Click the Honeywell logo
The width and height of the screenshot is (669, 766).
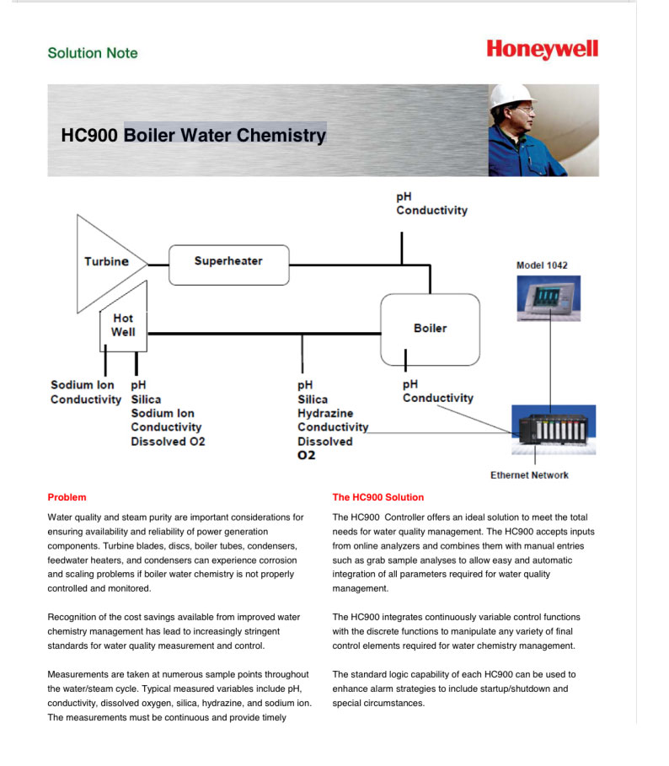pyautogui.click(x=542, y=50)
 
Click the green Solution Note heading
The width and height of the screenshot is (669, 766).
pyautogui.click(x=93, y=53)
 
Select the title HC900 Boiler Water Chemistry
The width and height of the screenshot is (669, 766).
pyautogui.click(x=193, y=135)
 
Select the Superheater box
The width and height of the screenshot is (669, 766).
pyautogui.click(x=228, y=262)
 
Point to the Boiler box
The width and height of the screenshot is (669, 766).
pyautogui.click(x=430, y=328)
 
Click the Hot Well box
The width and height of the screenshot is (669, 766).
pyautogui.click(x=123, y=325)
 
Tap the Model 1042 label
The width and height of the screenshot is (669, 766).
pyautogui.click(x=542, y=265)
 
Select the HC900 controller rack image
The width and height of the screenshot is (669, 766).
pyautogui.click(x=554, y=431)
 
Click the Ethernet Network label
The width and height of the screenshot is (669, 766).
pyautogui.click(x=529, y=475)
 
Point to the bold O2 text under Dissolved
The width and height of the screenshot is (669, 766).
pyautogui.click(x=306, y=456)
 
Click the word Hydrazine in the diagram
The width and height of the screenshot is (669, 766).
pyautogui.click(x=325, y=414)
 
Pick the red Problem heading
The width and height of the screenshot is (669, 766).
pyautogui.click(x=67, y=497)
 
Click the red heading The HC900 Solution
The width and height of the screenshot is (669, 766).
pyautogui.click(x=378, y=497)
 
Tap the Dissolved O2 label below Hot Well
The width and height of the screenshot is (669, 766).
pyautogui.click(x=168, y=441)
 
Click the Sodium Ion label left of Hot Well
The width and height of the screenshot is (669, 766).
pyautogui.click(x=82, y=385)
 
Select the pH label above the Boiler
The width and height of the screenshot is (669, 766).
pyautogui.click(x=404, y=196)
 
